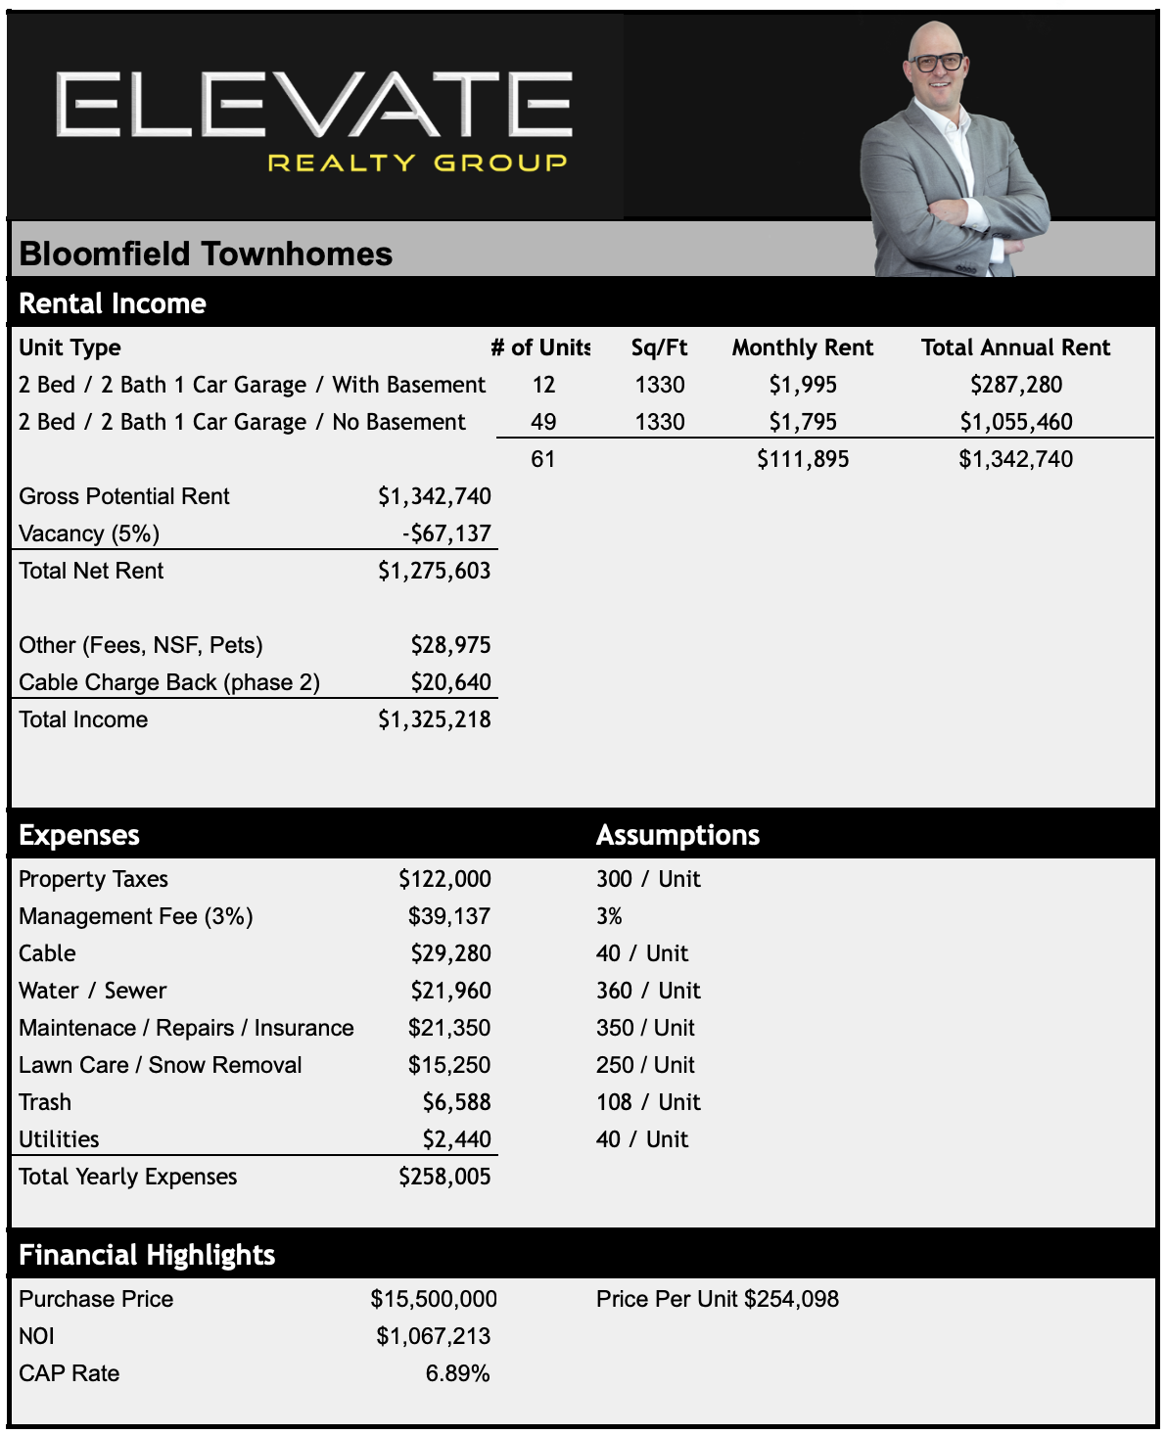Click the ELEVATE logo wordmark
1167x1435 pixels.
tap(313, 104)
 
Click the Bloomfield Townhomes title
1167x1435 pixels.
tap(206, 254)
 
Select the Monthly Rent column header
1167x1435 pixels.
tap(802, 347)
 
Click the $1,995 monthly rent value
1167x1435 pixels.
tap(802, 385)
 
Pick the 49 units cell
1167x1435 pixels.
tap(543, 422)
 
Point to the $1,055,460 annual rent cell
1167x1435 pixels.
tap(1015, 422)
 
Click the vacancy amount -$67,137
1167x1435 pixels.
tap(446, 533)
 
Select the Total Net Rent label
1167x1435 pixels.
tap(91, 571)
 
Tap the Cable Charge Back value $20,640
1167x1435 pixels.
tap(450, 682)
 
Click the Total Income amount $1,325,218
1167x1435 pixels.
tap(435, 719)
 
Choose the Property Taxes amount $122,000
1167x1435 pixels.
tap(444, 879)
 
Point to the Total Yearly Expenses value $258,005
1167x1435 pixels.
tap(444, 1177)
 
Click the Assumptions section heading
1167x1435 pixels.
tap(677, 835)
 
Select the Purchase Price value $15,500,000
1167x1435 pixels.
tap(434, 1299)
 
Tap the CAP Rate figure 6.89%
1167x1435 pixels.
tap(457, 1373)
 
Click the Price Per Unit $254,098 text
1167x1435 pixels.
tap(717, 1299)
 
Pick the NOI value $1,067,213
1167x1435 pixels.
tap(434, 1336)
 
